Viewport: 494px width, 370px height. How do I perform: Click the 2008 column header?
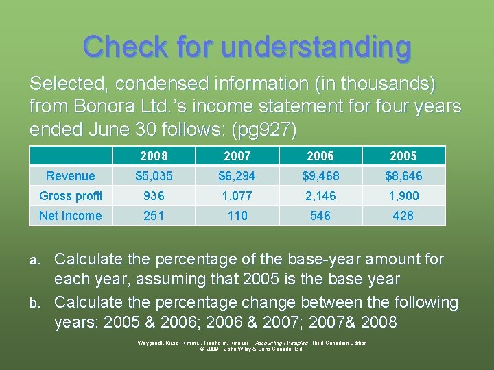click(154, 156)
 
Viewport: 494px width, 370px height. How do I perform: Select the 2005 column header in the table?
click(403, 156)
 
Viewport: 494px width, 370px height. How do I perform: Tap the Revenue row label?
click(70, 176)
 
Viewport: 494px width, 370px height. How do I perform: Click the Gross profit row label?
click(71, 196)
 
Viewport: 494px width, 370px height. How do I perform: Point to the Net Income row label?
click(70, 216)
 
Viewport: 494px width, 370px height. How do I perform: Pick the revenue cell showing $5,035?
click(154, 176)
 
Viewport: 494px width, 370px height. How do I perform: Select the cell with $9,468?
click(320, 176)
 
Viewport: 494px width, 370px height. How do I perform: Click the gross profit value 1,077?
click(237, 196)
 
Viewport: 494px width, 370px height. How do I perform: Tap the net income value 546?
click(320, 216)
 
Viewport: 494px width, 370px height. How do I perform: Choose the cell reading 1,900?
click(403, 196)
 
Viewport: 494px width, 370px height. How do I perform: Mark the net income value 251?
click(154, 216)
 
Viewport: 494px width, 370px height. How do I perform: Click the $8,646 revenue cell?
click(403, 176)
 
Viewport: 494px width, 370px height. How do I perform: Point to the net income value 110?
click(237, 216)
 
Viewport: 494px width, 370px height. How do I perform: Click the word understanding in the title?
click(316, 47)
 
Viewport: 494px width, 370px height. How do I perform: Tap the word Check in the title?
click(124, 47)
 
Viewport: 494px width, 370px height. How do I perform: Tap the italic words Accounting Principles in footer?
click(281, 343)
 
